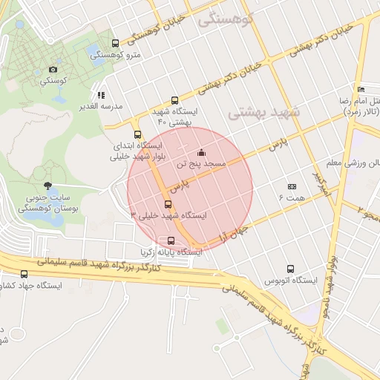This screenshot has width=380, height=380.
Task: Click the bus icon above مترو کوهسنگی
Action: click(114, 44)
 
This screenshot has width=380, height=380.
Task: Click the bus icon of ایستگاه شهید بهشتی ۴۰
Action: click(174, 100)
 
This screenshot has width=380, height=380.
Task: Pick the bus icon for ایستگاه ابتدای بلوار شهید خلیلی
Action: click(137, 134)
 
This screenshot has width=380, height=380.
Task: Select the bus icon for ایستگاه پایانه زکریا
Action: click(171, 240)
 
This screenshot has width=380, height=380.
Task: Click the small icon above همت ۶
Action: click(292, 186)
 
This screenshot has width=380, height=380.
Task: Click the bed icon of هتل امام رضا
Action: click(360, 89)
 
